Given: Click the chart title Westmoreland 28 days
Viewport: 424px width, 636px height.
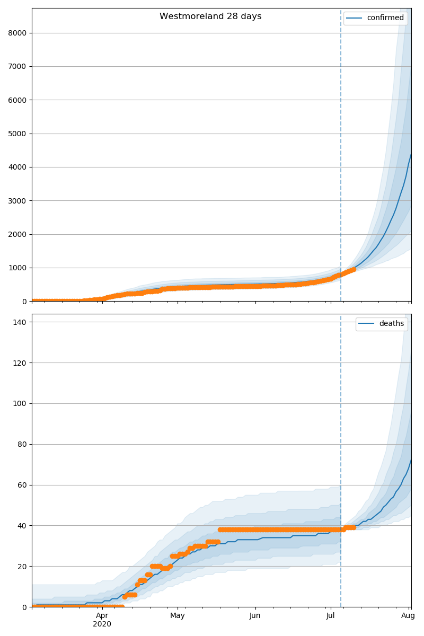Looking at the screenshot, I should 210,16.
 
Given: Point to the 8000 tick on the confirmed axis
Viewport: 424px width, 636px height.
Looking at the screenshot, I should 17,33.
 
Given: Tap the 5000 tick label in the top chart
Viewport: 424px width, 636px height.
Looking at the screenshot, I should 17,134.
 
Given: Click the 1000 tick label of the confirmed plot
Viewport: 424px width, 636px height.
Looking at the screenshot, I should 17,268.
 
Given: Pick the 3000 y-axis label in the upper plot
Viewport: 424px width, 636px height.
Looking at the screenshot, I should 17,201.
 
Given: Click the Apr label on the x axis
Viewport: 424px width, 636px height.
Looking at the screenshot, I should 102,615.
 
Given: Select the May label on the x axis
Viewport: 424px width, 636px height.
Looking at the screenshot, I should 178,615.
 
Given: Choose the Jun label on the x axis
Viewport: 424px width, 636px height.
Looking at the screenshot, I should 255,615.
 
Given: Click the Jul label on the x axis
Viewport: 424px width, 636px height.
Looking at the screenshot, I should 331,615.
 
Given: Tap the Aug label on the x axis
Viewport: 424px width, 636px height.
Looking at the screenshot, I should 408,615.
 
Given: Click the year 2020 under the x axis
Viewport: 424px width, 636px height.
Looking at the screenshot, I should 102,624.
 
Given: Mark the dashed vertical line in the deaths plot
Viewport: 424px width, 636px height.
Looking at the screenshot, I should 341,424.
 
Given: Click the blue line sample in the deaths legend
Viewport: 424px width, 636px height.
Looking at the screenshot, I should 366,324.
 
